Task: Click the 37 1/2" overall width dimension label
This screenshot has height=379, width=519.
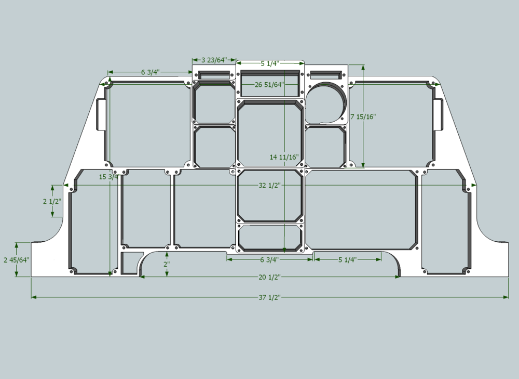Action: click(269, 297)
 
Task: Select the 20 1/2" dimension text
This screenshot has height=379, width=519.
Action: click(269, 277)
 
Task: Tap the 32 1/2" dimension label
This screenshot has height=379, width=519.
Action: click(269, 186)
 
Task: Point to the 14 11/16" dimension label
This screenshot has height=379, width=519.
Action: click(284, 157)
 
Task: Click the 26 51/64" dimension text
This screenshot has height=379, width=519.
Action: click(269, 85)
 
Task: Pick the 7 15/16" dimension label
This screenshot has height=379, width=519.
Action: click(363, 116)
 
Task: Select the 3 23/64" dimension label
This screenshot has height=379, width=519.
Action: click(214, 60)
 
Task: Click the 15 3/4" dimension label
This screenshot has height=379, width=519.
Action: click(110, 177)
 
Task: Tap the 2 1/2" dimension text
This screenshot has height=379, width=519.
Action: click(52, 201)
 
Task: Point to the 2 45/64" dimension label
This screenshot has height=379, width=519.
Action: click(16, 259)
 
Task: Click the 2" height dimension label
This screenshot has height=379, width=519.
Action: click(167, 264)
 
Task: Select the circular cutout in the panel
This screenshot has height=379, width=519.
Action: click(325, 102)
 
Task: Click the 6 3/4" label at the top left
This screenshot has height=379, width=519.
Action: click(149, 72)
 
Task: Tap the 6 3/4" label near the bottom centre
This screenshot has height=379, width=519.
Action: click(269, 259)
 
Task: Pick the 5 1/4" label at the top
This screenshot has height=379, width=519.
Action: click(270, 63)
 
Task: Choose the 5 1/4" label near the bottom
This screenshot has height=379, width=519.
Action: click(347, 259)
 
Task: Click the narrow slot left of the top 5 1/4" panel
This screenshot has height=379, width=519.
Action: click(214, 75)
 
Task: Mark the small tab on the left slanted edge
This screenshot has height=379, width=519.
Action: click(102, 114)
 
